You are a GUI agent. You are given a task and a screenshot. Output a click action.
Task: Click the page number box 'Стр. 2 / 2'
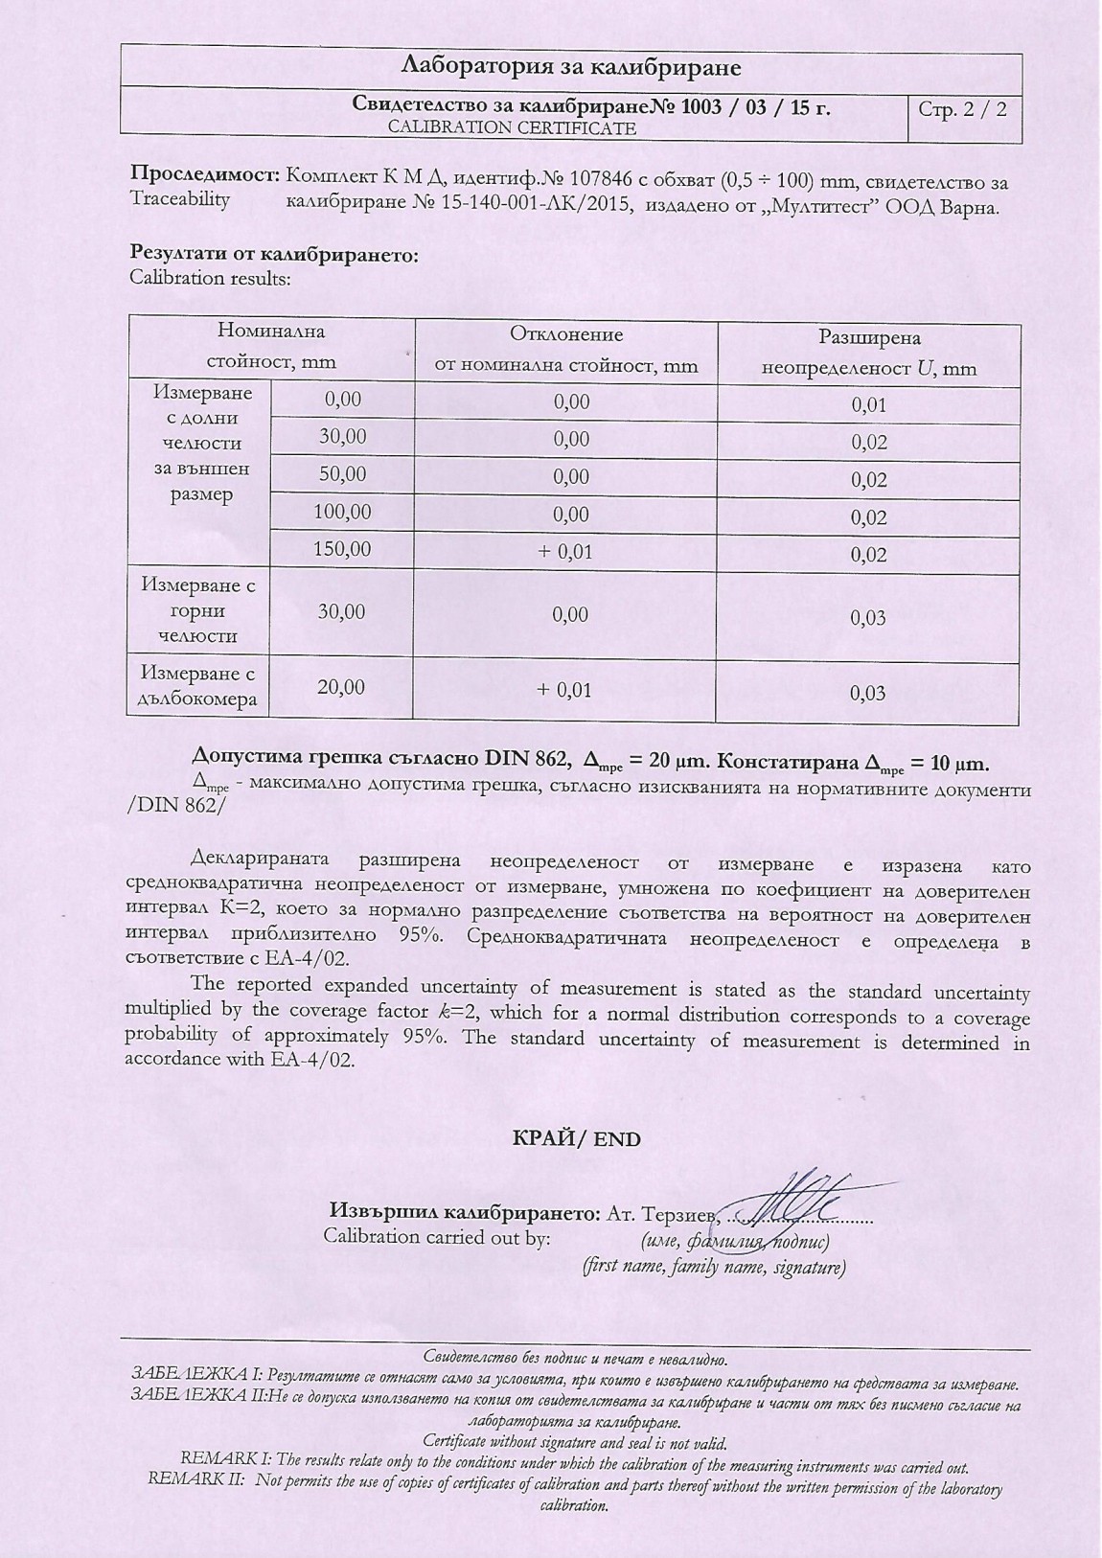point(962,108)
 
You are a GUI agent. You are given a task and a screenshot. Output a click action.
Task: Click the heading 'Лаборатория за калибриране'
point(571,68)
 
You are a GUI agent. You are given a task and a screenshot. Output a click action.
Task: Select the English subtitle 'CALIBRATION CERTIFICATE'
point(512,127)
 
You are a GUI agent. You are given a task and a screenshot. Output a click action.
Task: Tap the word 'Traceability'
point(180,199)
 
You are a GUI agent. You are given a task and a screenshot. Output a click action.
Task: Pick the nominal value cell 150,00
point(342,549)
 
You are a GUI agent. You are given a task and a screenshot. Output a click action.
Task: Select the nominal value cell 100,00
point(342,512)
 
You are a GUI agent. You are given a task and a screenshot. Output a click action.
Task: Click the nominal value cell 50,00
point(342,473)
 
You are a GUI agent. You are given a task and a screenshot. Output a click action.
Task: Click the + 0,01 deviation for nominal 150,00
point(565,551)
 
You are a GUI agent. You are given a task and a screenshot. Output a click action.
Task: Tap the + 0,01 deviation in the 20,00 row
point(565,690)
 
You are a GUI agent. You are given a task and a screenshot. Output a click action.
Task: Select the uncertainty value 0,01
point(868,404)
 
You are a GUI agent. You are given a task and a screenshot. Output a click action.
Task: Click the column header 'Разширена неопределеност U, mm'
point(868,353)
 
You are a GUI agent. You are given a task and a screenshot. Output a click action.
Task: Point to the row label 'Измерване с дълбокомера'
point(198,686)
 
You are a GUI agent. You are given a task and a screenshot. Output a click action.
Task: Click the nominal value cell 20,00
point(342,687)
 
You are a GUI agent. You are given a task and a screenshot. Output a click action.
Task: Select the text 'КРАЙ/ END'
point(577,1138)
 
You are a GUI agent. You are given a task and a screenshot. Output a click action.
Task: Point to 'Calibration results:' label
point(209,279)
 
